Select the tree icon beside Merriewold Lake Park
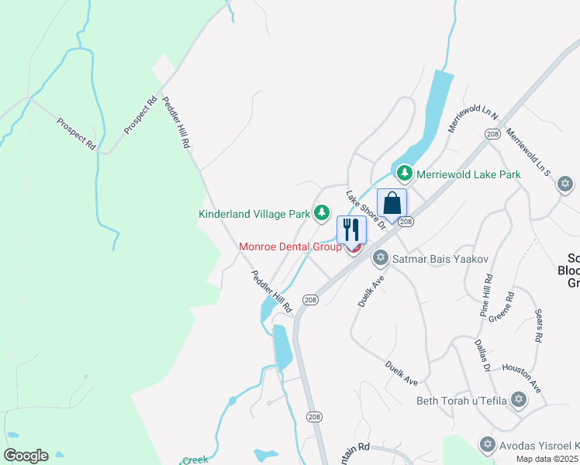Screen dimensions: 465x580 [x=403, y=174]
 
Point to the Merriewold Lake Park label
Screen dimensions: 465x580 [x=468, y=174]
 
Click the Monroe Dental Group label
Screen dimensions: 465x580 [x=290, y=247]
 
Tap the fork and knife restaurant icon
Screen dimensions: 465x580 [x=351, y=229]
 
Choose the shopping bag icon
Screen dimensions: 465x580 [x=392, y=203]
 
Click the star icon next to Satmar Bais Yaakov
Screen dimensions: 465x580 [x=380, y=257]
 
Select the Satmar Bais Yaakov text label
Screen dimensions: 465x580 [x=440, y=258]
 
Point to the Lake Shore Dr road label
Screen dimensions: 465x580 [x=366, y=210]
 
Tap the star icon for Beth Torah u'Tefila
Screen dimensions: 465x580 [x=518, y=400]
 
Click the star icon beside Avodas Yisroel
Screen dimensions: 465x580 [x=487, y=445]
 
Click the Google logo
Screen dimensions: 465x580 [x=26, y=456]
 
